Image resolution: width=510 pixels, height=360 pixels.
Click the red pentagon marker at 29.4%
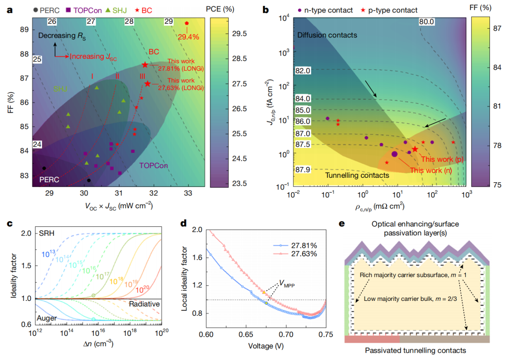(186, 23)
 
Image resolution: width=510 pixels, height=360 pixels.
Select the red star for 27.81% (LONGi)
(145, 65)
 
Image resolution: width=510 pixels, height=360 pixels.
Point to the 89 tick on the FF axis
(25, 29)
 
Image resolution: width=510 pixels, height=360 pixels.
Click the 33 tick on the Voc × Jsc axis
(187, 193)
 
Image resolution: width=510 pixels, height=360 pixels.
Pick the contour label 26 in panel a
(52, 21)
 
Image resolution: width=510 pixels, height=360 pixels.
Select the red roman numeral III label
(143, 76)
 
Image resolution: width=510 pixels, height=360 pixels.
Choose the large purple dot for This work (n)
(394, 154)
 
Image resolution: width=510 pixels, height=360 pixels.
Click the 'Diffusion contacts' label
(327, 35)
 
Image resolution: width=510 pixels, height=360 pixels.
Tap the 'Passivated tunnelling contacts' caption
(416, 350)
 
